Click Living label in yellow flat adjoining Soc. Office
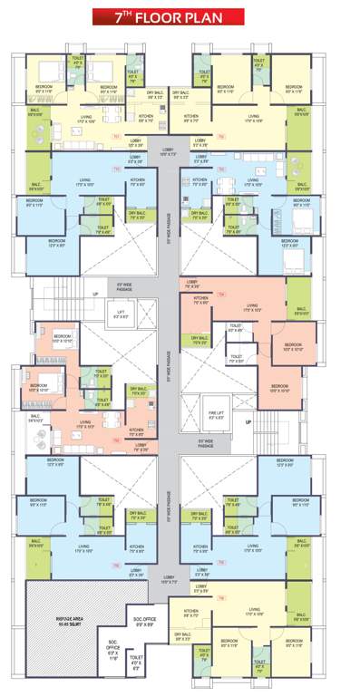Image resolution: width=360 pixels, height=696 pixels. click(x=255, y=612)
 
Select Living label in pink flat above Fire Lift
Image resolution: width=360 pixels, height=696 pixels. click(x=252, y=307)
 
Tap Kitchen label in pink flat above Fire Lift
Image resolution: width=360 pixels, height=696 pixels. click(x=201, y=300)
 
